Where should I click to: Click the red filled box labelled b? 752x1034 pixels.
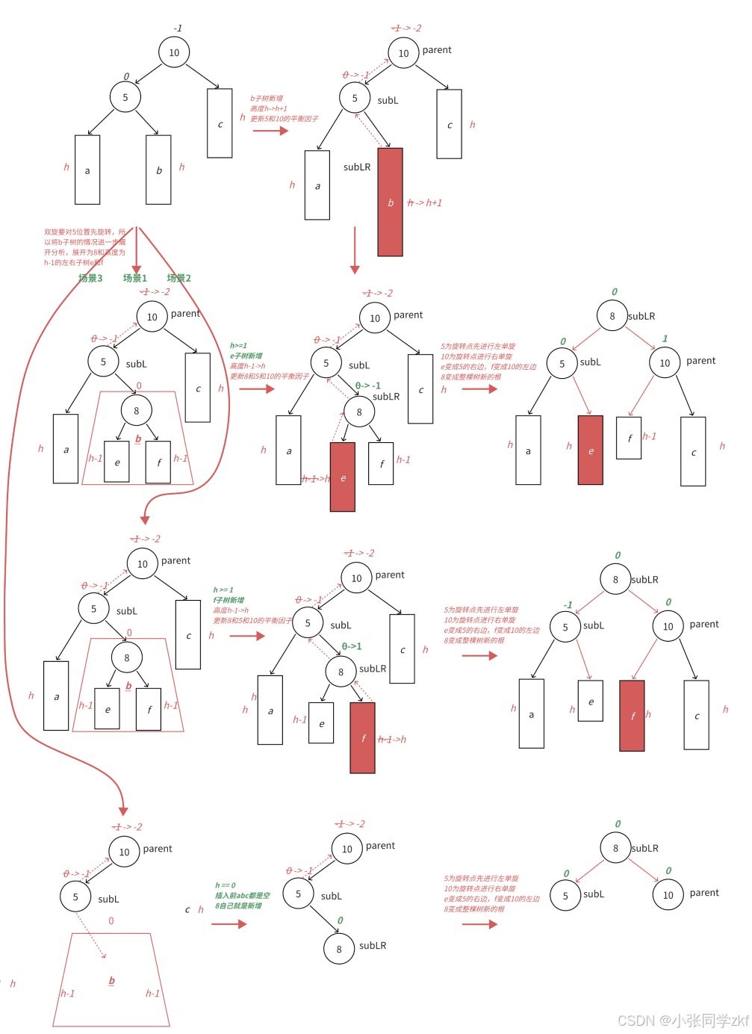click(390, 202)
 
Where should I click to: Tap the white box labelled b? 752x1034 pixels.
click(158, 170)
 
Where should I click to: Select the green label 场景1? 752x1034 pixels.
click(135, 278)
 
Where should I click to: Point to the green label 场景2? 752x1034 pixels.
click(179, 278)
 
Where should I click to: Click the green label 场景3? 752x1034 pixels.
click(90, 278)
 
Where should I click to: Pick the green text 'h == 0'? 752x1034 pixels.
click(226, 885)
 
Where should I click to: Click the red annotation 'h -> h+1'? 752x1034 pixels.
click(425, 202)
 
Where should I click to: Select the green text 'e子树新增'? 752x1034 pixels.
click(246, 356)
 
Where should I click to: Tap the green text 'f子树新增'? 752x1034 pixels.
click(229, 600)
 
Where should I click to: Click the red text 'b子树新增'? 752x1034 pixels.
click(267, 99)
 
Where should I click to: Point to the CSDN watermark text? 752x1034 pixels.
click(683, 1021)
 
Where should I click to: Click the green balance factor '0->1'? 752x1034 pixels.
click(352, 646)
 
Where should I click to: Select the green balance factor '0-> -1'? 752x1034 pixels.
click(367, 386)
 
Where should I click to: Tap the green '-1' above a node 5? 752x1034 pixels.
click(568, 605)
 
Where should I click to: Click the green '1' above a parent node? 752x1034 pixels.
click(665, 338)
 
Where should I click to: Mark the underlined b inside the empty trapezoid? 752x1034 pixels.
click(112, 980)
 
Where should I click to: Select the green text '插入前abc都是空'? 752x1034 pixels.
click(243, 895)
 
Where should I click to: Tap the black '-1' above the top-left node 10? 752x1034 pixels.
click(178, 28)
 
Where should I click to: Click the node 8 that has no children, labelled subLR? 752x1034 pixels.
click(339, 949)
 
